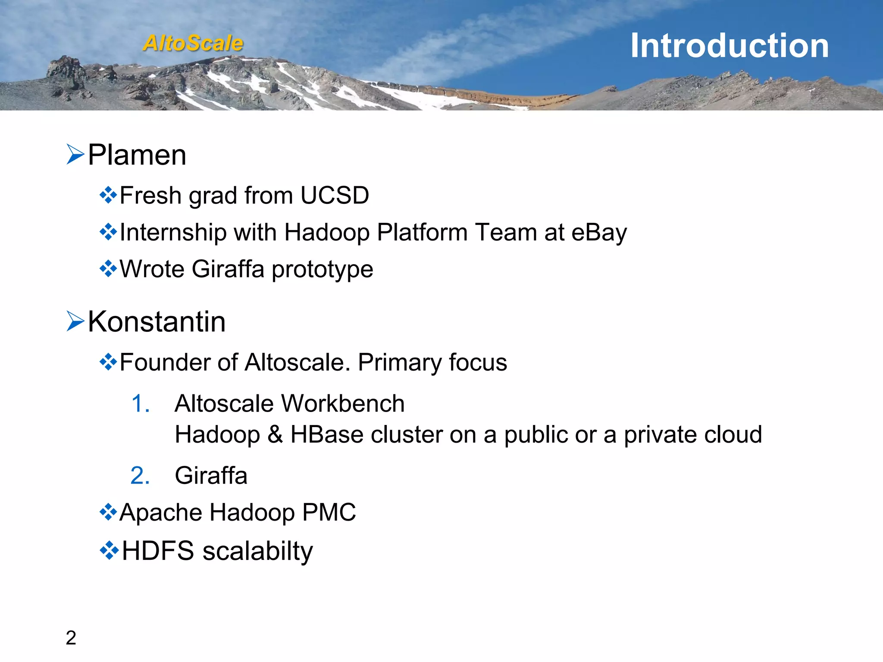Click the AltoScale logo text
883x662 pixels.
click(x=193, y=43)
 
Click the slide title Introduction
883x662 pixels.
click(x=730, y=46)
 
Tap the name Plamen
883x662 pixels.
click(x=137, y=155)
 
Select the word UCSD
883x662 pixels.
click(x=335, y=195)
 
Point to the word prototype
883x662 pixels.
click(x=322, y=269)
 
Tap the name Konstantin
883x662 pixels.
click(x=157, y=322)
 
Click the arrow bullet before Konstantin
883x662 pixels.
click(x=75, y=322)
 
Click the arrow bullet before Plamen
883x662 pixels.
click(x=75, y=154)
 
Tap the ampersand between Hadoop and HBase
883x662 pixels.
click(x=275, y=434)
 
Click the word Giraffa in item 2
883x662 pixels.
click(x=211, y=476)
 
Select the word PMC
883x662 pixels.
click(x=329, y=512)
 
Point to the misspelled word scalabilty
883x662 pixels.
click(x=257, y=551)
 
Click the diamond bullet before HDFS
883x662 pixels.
click(x=109, y=550)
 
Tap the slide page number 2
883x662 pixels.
click(x=71, y=638)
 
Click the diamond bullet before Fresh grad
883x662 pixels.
click(x=108, y=195)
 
